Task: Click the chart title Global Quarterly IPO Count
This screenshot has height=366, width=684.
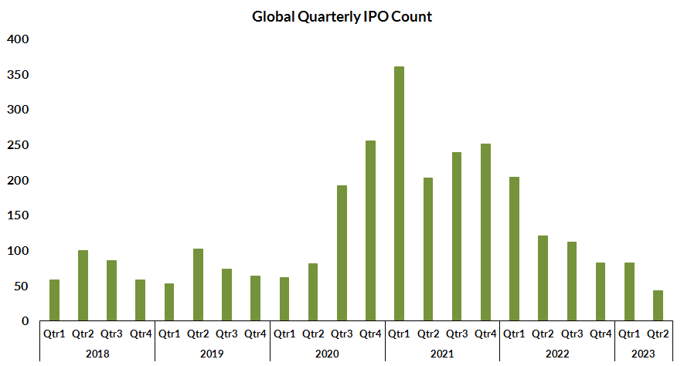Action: [342, 16]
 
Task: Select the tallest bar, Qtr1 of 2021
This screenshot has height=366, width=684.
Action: [399, 193]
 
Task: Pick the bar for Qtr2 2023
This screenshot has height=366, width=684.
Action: [658, 305]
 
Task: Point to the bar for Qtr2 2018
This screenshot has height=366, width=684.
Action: [83, 285]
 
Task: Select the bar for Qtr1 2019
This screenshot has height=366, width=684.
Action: [169, 302]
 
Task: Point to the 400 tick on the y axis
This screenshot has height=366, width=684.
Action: [18, 39]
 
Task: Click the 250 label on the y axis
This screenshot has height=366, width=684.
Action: [18, 145]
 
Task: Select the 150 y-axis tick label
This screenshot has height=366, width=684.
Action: [18, 215]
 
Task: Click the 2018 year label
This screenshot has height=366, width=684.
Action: [97, 353]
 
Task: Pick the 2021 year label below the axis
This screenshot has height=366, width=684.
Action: [442, 353]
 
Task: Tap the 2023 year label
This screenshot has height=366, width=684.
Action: [643, 353]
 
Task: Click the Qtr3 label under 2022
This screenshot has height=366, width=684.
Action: [571, 334]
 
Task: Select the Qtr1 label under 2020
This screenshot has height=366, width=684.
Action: [284, 334]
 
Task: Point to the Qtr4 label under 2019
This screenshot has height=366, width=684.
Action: [255, 334]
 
